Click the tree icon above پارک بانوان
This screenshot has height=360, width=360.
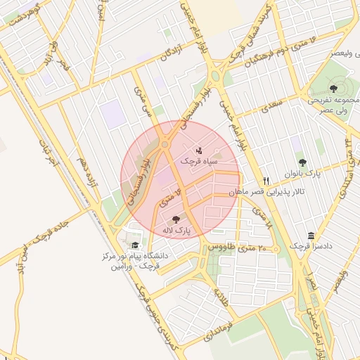tap(303, 162)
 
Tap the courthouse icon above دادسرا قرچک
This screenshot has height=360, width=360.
tap(310, 236)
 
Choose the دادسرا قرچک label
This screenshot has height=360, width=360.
tap(310, 247)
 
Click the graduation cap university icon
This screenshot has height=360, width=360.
tap(134, 245)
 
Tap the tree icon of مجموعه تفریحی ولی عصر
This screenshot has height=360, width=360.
tap(333, 88)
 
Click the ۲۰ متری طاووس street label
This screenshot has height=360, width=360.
tap(244, 247)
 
